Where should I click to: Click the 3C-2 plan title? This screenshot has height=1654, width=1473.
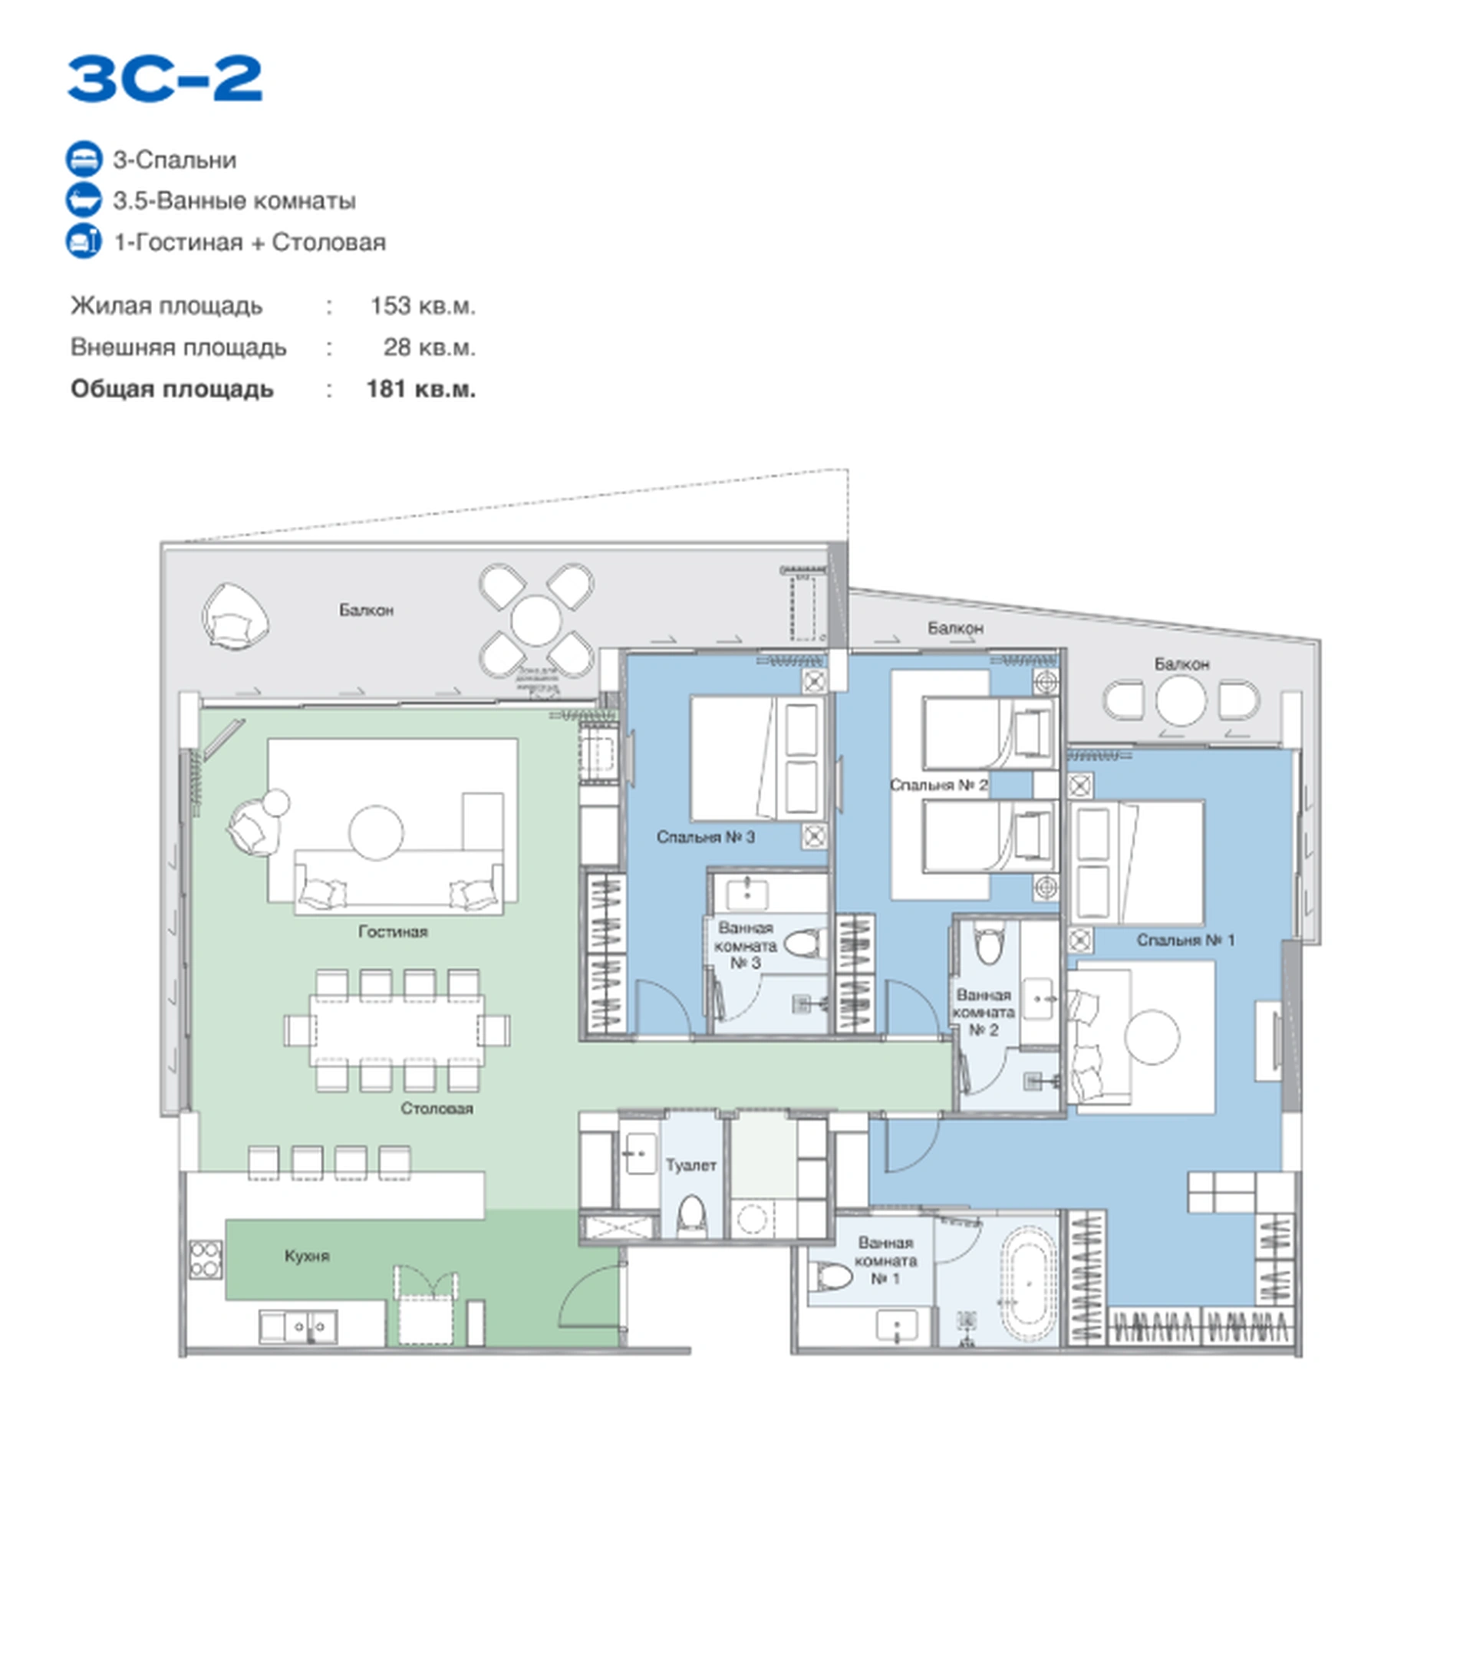pyautogui.click(x=164, y=78)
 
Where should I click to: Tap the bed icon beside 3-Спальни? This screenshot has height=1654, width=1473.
pyautogui.click(x=84, y=159)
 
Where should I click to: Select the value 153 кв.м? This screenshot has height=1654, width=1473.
pyautogui.click(x=422, y=306)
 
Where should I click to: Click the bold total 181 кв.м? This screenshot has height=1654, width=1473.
pyautogui.click(x=420, y=389)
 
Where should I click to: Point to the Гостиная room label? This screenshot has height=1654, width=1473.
pyautogui.click(x=393, y=932)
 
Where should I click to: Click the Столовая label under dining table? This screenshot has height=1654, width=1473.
pyautogui.click(x=437, y=1109)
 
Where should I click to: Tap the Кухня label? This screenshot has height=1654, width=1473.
pyautogui.click(x=307, y=1256)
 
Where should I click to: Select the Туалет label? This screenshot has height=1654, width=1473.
pyautogui.click(x=690, y=1165)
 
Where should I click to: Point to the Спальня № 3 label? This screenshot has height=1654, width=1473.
pyautogui.click(x=705, y=837)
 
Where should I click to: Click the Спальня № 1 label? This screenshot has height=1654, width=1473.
pyautogui.click(x=1185, y=941)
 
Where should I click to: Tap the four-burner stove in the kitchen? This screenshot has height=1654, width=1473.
pyautogui.click(x=206, y=1260)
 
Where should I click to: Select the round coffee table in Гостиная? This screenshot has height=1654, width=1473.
pyautogui.click(x=377, y=832)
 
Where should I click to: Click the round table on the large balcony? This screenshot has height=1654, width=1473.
pyautogui.click(x=535, y=621)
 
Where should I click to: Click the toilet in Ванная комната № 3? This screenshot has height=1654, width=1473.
pyautogui.click(x=805, y=944)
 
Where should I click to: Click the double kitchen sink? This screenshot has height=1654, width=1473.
pyautogui.click(x=298, y=1327)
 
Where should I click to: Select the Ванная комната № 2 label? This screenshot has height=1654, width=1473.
pyautogui.click(x=983, y=1013)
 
